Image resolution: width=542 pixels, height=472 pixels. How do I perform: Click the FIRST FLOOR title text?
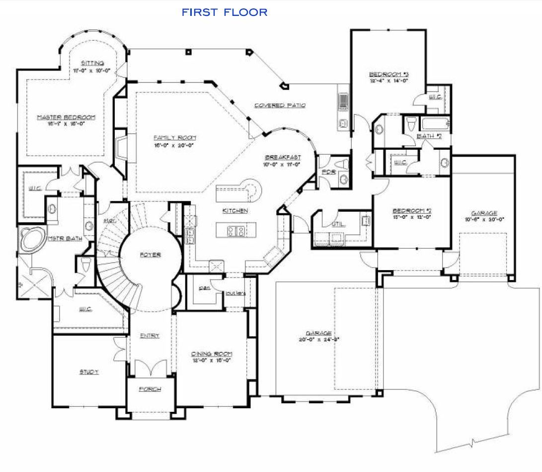coord(225,12)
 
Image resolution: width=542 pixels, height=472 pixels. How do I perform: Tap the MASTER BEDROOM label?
coord(66,117)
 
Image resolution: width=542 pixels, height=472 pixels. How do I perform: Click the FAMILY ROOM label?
coord(174,137)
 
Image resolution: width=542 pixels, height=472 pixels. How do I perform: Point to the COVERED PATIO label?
coord(280,105)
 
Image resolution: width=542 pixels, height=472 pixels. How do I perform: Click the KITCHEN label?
coord(235,211)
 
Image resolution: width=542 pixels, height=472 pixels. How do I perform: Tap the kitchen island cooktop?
coord(236,230)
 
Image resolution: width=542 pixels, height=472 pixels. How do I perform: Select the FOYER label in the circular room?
coord(150,255)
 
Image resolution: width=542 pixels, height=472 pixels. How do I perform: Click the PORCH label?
coord(150,389)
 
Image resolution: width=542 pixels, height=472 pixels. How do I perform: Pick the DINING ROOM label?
coord(212,354)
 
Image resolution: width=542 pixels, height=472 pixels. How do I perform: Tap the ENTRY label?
coord(150,336)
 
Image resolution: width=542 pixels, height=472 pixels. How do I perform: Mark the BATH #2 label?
coord(430,136)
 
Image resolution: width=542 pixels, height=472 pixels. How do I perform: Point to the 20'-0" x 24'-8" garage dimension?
coord(319,340)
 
